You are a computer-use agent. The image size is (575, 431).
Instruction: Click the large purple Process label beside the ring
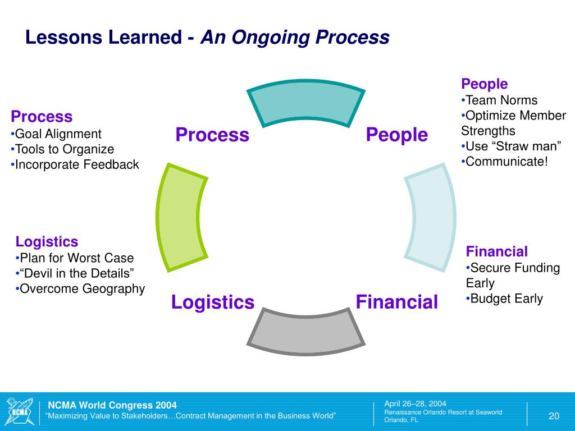tap(212, 135)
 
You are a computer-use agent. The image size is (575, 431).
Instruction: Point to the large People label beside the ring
tap(397, 135)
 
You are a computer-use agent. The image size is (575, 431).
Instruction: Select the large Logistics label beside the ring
tap(213, 302)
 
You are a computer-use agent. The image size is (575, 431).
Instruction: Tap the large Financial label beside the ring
tap(397, 302)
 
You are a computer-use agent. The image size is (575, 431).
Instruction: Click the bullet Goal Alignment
tap(58, 134)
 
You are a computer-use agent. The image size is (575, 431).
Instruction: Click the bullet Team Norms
tap(501, 100)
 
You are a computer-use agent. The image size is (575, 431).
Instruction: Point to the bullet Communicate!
tap(506, 162)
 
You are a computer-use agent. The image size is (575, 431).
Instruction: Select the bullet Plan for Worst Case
tap(76, 258)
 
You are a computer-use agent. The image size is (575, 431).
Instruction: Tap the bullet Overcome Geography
tap(82, 289)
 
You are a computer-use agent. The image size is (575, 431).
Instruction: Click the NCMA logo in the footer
tap(19, 411)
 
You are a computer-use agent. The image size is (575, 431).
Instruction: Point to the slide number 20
tap(554, 416)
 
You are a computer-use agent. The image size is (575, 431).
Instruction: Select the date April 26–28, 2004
tap(415, 404)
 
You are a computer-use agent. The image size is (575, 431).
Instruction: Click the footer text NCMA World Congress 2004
tap(112, 405)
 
